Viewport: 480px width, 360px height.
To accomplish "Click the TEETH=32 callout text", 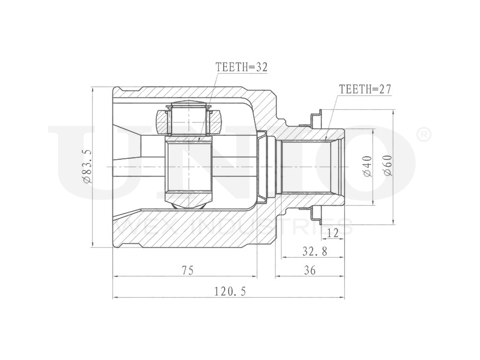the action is (x=241, y=67).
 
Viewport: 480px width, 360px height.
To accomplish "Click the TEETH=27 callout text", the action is (x=365, y=89).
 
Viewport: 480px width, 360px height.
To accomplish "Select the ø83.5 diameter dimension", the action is (x=87, y=166).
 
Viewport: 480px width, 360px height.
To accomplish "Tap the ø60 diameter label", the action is (x=387, y=165).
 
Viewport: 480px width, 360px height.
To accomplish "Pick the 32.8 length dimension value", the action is (x=315, y=251).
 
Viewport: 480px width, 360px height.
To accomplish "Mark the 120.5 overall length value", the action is (x=230, y=292).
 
